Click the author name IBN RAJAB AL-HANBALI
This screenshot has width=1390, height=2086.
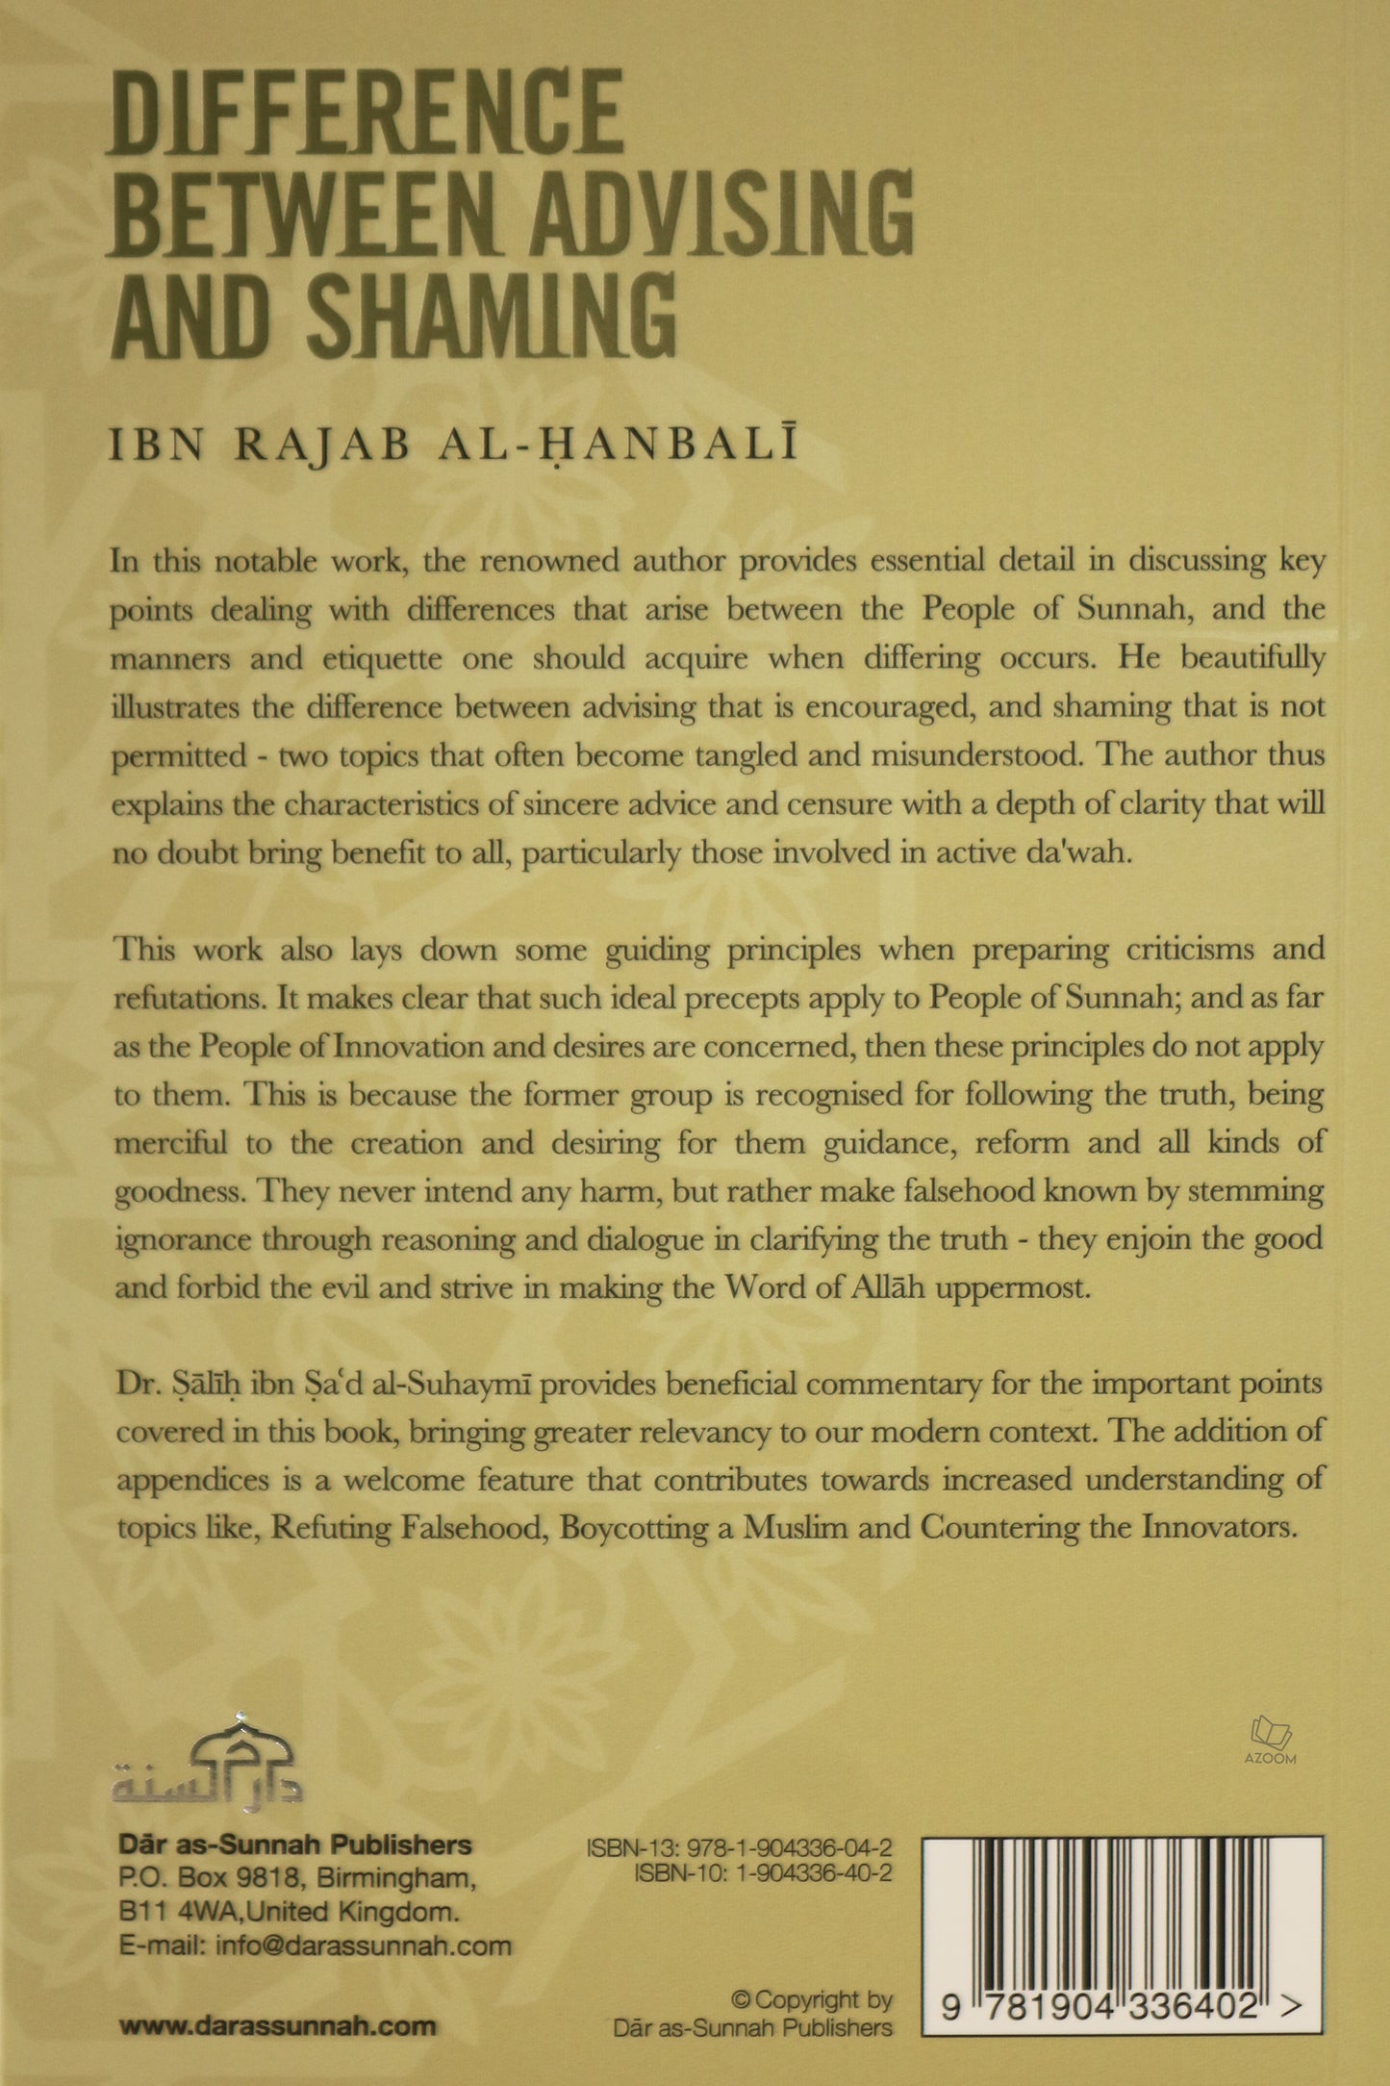point(453,448)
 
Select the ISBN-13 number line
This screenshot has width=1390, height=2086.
point(738,1848)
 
